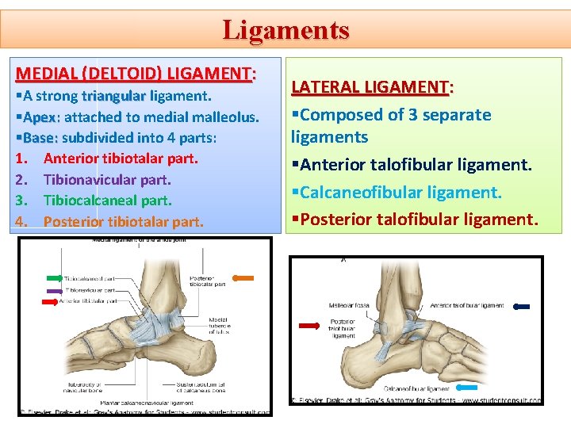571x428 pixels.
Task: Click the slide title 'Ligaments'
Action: click(x=285, y=29)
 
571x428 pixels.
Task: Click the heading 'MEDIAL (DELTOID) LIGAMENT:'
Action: click(x=135, y=74)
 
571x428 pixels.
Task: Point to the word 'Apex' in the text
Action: click(x=39, y=117)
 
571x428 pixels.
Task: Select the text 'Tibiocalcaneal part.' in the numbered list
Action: click(x=107, y=201)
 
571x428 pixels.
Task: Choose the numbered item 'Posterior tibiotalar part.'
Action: click(x=123, y=221)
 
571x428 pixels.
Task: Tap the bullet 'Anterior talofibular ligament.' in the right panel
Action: click(x=412, y=165)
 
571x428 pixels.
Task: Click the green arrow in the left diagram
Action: click(x=55, y=278)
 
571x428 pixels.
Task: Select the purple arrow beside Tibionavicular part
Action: click(x=54, y=290)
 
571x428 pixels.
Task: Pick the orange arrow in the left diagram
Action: click(x=243, y=278)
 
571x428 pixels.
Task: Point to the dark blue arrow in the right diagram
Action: click(x=522, y=306)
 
